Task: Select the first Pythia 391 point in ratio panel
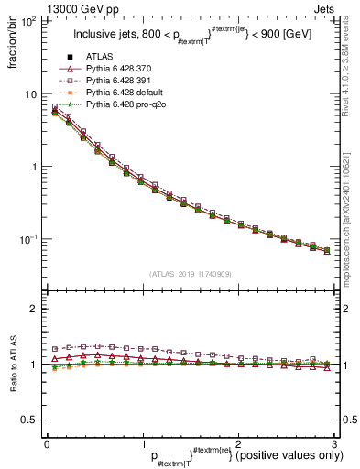[x=55, y=349]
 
